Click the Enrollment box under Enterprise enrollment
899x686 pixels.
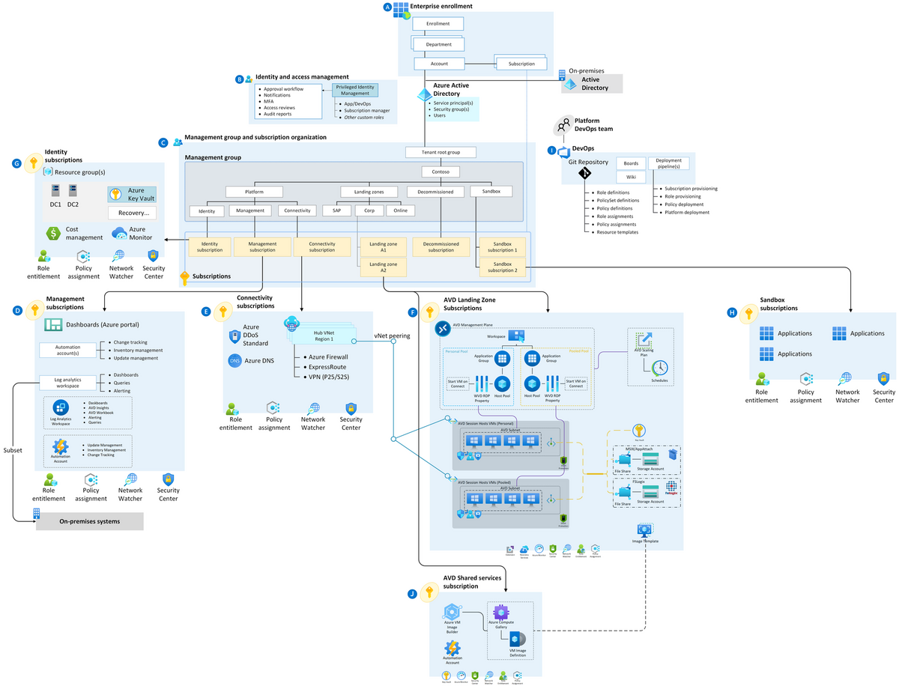tap(438, 24)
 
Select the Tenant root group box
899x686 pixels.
tap(443, 152)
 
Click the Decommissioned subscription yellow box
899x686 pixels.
tap(441, 246)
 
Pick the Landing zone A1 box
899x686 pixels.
tap(383, 246)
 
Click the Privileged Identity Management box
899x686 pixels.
tap(356, 90)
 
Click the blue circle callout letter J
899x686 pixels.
tap(412, 594)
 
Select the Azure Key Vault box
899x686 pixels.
tap(132, 195)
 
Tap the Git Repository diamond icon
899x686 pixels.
tap(584, 174)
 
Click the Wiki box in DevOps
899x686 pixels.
tap(630, 177)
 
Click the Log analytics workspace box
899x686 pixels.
tap(67, 383)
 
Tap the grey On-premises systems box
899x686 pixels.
tap(89, 521)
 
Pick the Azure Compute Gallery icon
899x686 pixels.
tap(501, 612)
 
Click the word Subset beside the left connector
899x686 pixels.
tap(13, 451)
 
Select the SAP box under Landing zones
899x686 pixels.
tap(336, 211)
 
